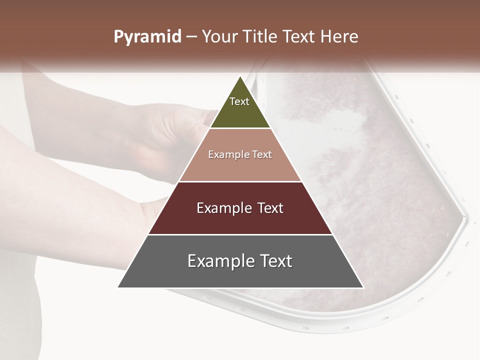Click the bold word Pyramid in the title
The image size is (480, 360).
pos(147,37)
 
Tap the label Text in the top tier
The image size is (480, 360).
pos(239,101)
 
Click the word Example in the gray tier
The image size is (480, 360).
pos(218,261)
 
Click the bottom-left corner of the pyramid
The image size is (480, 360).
pos(118,287)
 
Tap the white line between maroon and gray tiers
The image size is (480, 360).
pos(240,234)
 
